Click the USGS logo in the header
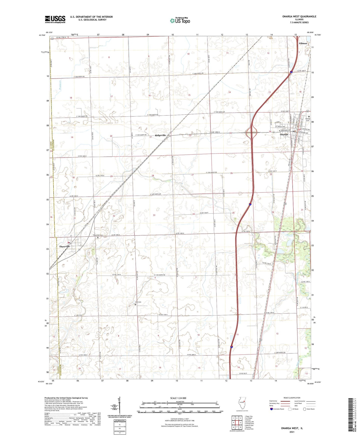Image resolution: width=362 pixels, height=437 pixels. click(x=55, y=19)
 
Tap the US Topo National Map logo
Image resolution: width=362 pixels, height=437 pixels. click(x=180, y=20)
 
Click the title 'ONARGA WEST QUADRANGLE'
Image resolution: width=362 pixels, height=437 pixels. click(x=299, y=17)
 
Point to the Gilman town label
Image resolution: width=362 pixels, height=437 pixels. click(x=303, y=43)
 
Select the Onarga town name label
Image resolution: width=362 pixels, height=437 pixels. click(x=284, y=134)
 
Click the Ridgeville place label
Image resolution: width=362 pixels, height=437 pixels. click(x=160, y=135)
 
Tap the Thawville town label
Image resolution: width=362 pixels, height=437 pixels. click(x=64, y=247)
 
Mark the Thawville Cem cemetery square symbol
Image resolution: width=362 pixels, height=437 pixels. click(x=98, y=238)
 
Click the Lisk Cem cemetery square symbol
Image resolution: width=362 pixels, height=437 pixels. click(x=136, y=305)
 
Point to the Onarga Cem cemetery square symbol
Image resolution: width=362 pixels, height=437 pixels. click(x=309, y=117)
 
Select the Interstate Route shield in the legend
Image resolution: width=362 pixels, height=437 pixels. click(x=271, y=409)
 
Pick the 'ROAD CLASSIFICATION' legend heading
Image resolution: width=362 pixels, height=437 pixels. click(x=292, y=398)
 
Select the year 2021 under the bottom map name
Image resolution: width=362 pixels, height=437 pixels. click(x=292, y=432)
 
